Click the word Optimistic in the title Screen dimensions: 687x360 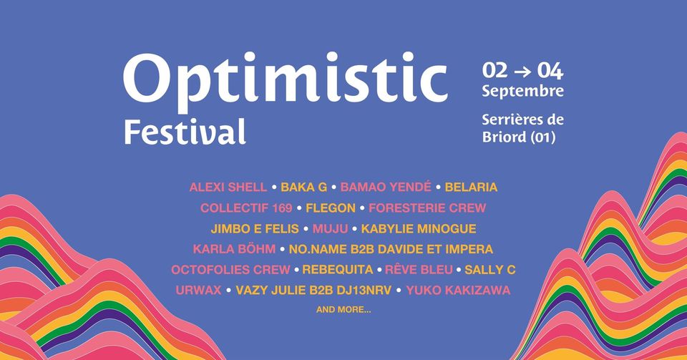coord(286,82)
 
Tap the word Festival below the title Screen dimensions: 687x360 coord(185,131)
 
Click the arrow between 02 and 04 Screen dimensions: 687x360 coord(522,72)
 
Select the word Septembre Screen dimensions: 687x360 coord(522,92)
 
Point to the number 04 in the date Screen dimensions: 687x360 coord(550,71)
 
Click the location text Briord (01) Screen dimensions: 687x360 coord(519,137)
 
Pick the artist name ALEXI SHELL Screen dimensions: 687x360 coord(228,188)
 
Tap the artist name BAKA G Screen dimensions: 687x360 coord(303,188)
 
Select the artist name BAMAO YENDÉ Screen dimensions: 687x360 coord(386,187)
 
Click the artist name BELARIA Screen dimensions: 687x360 coord(471,188)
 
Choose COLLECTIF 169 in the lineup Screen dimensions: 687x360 coord(246,208)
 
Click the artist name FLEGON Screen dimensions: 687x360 coord(331,208)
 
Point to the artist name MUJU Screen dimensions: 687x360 coord(330,228)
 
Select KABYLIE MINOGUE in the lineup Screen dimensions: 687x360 coord(419,228)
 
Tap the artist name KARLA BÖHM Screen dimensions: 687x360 coord(235,249)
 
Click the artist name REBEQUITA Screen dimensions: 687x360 coord(337,269)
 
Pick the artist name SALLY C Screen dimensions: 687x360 coord(489,269)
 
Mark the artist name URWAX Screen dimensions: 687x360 coord(198,290)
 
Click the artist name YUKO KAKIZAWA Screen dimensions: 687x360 coord(458,290)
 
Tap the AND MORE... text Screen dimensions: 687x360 coord(343,310)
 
